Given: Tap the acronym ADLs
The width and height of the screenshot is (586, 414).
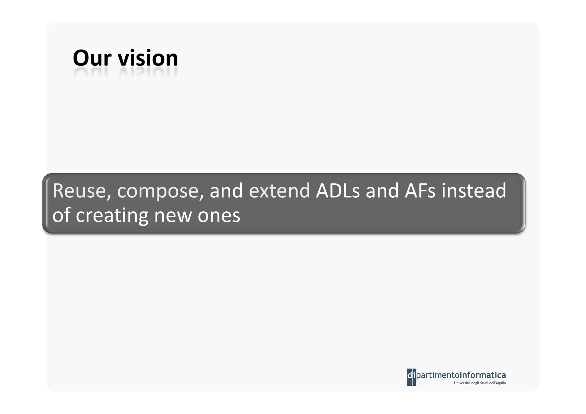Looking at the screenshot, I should (x=338, y=191).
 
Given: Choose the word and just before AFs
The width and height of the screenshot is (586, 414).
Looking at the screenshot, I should (x=382, y=191).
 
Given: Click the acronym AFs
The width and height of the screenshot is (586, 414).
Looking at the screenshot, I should (x=420, y=191).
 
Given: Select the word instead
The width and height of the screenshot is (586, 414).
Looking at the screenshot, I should (x=474, y=191).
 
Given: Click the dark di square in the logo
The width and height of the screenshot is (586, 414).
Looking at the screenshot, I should (x=411, y=377).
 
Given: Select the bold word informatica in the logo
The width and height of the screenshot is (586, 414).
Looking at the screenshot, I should (x=482, y=375).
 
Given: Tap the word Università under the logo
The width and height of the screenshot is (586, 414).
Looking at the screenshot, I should (x=462, y=383).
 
